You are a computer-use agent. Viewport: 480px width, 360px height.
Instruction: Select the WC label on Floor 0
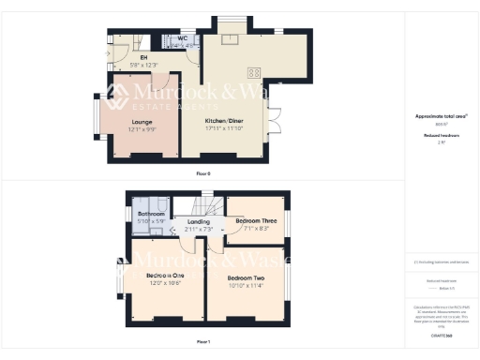click(182, 38)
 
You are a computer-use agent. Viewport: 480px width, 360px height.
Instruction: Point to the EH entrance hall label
click(144, 58)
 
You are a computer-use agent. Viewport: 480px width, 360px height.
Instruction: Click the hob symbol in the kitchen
click(253, 73)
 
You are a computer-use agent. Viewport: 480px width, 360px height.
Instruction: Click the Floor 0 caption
click(202, 174)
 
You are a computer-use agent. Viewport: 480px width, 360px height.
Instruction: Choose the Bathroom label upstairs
click(152, 215)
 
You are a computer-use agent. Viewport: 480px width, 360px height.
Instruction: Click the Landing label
click(199, 222)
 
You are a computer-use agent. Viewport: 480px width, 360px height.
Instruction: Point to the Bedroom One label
click(166, 277)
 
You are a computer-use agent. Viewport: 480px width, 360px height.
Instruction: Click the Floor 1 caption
click(202, 343)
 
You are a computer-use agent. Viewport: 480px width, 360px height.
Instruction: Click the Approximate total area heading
click(441, 116)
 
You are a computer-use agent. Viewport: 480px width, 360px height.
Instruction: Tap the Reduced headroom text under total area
click(441, 135)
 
